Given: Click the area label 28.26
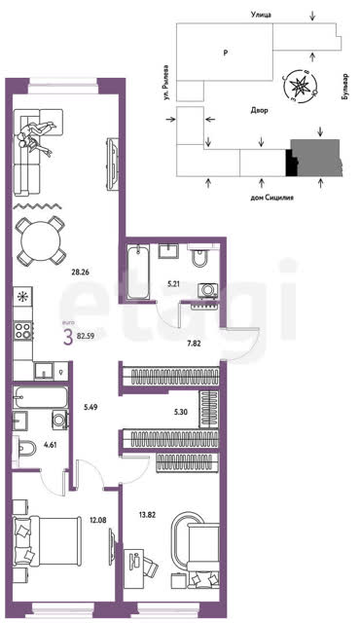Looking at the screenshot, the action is pyautogui.click(x=80, y=273).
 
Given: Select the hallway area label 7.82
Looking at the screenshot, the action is pyautogui.click(x=194, y=344).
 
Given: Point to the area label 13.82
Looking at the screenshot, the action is pyautogui.click(x=147, y=515).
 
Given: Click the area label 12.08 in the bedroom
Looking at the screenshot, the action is pyautogui.click(x=98, y=519).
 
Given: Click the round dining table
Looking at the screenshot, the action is pyautogui.click(x=40, y=241).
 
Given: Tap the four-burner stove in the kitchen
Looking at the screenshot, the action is pyautogui.click(x=23, y=331).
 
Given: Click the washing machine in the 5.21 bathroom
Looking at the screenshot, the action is pyautogui.click(x=208, y=290).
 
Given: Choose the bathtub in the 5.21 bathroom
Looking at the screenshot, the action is pyautogui.click(x=138, y=272).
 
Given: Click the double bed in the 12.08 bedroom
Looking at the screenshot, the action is pyautogui.click(x=45, y=540).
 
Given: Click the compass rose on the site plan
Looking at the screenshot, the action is pyautogui.click(x=301, y=85).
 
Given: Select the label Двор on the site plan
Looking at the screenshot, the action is pyautogui.click(x=259, y=110).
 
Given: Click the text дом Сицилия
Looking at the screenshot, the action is pyautogui.click(x=271, y=197).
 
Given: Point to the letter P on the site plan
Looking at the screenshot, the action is pyautogui.click(x=226, y=52).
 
